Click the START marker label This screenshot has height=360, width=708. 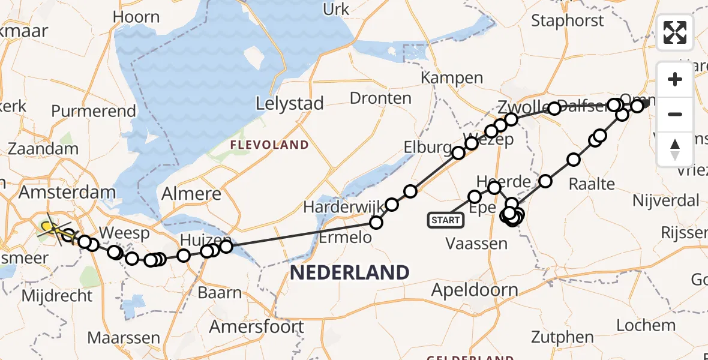(445, 220)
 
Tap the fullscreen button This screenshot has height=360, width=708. (675, 32)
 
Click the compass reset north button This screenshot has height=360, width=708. (675, 149)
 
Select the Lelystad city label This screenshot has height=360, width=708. (289, 103)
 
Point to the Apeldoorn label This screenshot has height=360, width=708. (475, 290)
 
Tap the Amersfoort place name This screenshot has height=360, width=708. (256, 327)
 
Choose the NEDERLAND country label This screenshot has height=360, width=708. (349, 272)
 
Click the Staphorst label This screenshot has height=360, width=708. (568, 20)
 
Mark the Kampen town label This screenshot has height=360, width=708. (452, 77)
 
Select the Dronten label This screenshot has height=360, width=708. (380, 98)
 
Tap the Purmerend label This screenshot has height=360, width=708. (94, 111)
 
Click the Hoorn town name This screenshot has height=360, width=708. (136, 17)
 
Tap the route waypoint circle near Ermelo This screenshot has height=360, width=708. (376, 223)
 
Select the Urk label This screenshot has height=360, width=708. (336, 9)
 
